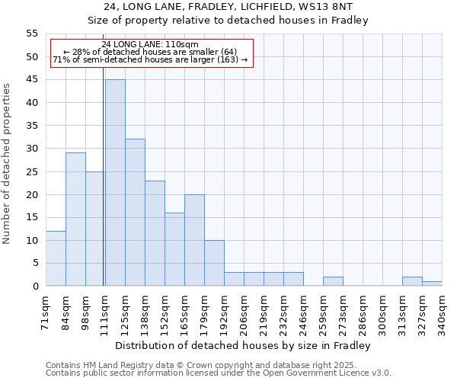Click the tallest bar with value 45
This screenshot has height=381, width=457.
pyautogui.click(x=115, y=183)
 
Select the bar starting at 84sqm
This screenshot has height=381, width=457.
pyautogui.click(x=75, y=219)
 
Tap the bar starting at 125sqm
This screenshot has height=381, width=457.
pyautogui.click(x=135, y=213)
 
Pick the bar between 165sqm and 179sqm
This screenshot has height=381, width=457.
pyautogui.click(x=194, y=240)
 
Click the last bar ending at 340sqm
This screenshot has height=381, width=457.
pyautogui.click(x=432, y=283)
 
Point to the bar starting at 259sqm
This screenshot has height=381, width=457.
pyautogui.click(x=333, y=281)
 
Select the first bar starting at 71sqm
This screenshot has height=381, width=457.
pyautogui.click(x=56, y=258)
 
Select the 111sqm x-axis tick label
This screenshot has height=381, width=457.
pyautogui.click(x=105, y=312)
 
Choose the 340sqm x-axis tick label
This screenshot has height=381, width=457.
pyautogui.click(x=442, y=312)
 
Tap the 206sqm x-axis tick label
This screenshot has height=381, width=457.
pyautogui.click(x=244, y=312)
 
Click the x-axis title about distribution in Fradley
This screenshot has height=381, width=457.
pyautogui.click(x=244, y=346)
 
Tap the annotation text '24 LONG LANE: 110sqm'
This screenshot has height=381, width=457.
pyautogui.click(x=150, y=44)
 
